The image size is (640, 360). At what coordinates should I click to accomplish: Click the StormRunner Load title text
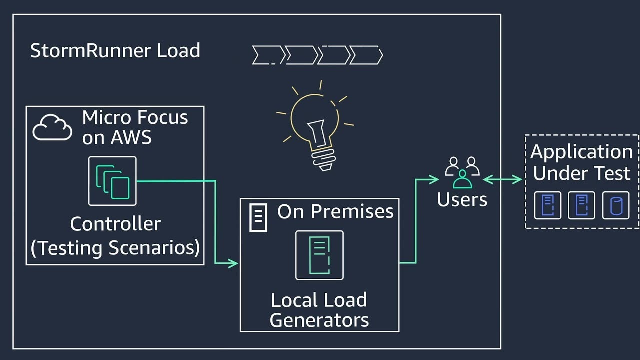115,51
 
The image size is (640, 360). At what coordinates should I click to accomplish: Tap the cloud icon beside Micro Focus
52,128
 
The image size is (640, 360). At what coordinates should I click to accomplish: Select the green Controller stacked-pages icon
112,181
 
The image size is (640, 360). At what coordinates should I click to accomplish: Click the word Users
462,199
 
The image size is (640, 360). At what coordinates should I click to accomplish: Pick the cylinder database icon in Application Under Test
615,205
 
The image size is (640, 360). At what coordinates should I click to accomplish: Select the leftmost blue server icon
547,205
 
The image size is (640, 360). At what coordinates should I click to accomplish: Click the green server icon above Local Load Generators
319,255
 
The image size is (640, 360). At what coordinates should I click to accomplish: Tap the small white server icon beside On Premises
258,218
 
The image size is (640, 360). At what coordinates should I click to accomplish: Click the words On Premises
335,211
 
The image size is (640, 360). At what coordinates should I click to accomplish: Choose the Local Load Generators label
319,310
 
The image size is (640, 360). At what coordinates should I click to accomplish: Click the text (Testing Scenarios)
115,247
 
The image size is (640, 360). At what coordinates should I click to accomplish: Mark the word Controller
115,224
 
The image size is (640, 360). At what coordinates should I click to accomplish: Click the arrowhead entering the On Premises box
233,263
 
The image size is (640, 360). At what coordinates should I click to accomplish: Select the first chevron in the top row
267,55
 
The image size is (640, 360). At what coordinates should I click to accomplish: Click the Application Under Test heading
582,162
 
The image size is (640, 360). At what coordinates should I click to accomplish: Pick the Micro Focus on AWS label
135,127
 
